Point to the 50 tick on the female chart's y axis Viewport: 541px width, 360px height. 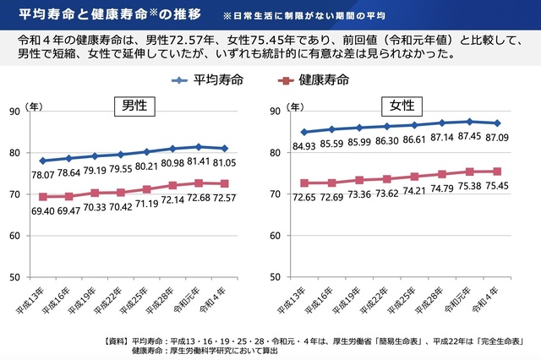point(278,277)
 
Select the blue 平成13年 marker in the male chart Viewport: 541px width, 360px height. point(42,161)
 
